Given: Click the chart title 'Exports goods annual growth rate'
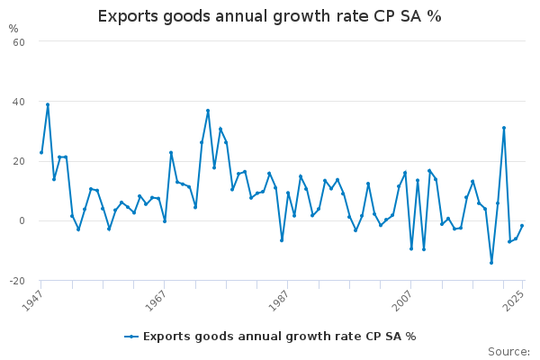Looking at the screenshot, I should pos(269,16).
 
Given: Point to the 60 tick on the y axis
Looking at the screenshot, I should pos(18,41).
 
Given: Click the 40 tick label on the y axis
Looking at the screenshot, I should pos(18,102).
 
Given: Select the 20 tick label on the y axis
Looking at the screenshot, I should pos(18,161).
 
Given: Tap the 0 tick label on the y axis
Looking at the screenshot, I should pos(21,220).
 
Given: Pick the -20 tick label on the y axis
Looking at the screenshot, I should pos(15,281).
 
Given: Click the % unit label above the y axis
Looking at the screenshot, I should pos(13,29).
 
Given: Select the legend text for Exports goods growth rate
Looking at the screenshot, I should pos(279,337).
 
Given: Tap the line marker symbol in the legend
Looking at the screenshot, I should pos(131,337).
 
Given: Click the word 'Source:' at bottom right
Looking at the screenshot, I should pos(508,351).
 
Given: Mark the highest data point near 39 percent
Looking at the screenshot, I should pos(48,104).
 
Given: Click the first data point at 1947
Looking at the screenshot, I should pos(41,152).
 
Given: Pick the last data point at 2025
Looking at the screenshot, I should pos(522,226).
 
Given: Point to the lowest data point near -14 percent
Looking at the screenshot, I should pos(491,263).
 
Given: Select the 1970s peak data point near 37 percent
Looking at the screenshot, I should pos(208,111).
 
